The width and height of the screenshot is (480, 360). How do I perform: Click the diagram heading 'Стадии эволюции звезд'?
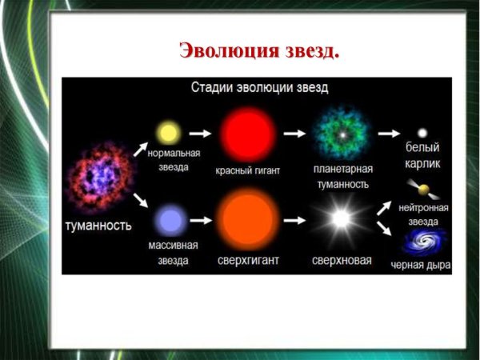pos(259,86)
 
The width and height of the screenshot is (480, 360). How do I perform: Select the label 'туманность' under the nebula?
pos(98,226)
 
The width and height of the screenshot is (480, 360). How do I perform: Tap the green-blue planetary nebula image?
pos(341,134)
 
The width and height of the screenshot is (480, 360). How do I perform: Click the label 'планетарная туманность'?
pos(342,177)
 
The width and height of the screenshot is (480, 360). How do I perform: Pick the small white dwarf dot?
pos(423,133)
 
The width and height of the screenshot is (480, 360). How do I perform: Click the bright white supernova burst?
pos(341,218)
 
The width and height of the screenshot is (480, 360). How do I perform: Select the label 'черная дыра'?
pos(421,265)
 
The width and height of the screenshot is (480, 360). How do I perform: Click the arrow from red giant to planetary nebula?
pos(295,134)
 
